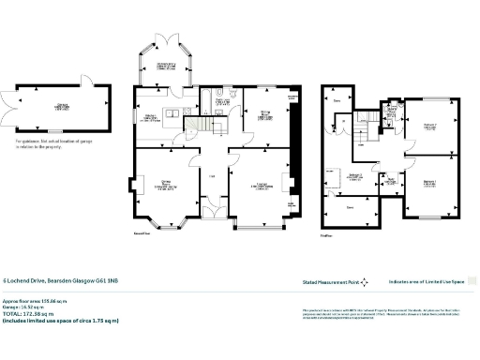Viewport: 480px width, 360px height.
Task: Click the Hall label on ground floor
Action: click(x=213, y=175)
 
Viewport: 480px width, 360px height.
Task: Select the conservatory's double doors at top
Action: click(x=165, y=37)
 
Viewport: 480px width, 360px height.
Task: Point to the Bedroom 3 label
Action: click(x=354, y=177)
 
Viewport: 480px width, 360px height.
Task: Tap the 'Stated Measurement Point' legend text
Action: click(x=330, y=281)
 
